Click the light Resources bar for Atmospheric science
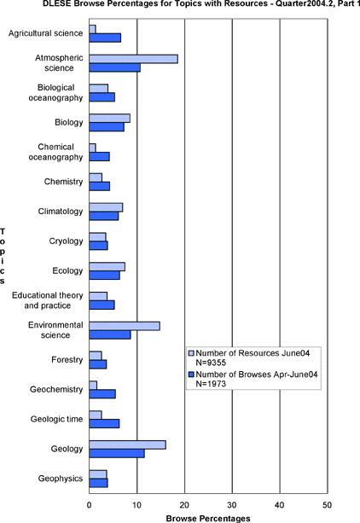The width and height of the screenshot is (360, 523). pyautogui.click(x=133, y=59)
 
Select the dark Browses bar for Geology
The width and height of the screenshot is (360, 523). pyautogui.click(x=117, y=453)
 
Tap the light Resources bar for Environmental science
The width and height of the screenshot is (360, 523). pyautogui.click(x=125, y=326)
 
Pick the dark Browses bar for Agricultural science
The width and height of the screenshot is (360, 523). pyautogui.click(x=105, y=38)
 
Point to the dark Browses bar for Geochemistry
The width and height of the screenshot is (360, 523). pyautogui.click(x=102, y=394)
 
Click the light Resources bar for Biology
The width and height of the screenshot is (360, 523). pyautogui.click(x=109, y=119)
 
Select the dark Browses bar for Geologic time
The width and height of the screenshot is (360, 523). pyautogui.click(x=104, y=423)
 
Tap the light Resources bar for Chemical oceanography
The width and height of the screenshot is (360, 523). pyautogui.click(x=92, y=148)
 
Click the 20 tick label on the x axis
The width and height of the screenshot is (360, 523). pyautogui.click(x=184, y=505)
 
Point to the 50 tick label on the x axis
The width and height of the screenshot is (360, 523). pyautogui.click(x=328, y=505)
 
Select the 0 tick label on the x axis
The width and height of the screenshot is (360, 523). pyautogui.click(x=89, y=505)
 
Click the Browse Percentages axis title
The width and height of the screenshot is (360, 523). pyautogui.click(x=208, y=519)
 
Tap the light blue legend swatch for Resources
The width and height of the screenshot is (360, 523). pyautogui.click(x=191, y=353)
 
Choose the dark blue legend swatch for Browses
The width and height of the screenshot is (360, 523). pyautogui.click(x=191, y=375)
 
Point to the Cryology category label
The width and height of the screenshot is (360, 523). pyautogui.click(x=66, y=241)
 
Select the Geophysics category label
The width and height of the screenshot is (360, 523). pyautogui.click(x=61, y=479)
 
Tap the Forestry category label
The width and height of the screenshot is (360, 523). pyautogui.click(x=67, y=360)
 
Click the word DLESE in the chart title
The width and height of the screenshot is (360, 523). pyautogui.click(x=54, y=4)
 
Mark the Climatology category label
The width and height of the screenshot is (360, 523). pyautogui.click(x=61, y=212)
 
